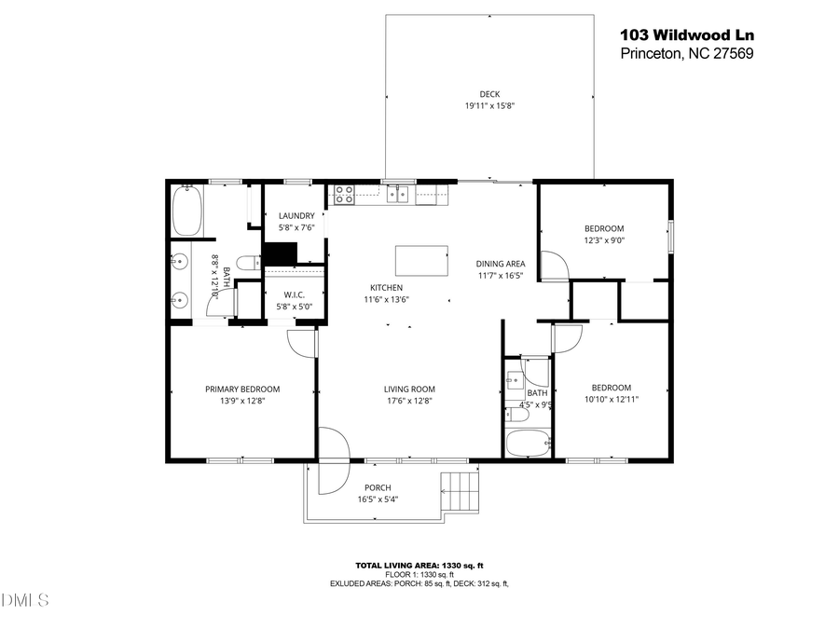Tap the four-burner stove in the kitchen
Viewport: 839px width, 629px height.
click(x=344, y=194)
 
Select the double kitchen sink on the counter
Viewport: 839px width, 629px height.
click(x=399, y=194)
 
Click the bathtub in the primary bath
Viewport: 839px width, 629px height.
click(x=187, y=210)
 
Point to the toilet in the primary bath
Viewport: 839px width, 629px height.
click(x=247, y=264)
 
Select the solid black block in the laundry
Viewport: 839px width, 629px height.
click(x=280, y=254)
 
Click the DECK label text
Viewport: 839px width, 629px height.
click(x=489, y=94)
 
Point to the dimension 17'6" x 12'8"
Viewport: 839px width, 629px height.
click(x=410, y=401)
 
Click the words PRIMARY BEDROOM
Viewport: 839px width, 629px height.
click(x=242, y=390)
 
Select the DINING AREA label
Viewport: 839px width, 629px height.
click(x=502, y=264)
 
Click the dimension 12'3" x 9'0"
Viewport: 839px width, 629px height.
click(x=604, y=239)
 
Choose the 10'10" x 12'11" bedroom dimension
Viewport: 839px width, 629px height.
click(x=612, y=399)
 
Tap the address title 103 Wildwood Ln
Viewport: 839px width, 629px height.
click(x=687, y=35)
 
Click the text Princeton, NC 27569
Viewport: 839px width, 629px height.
click(x=687, y=54)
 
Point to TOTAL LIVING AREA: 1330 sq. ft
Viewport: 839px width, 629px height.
click(x=419, y=566)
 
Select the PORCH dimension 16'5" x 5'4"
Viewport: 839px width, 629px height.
click(x=378, y=499)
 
